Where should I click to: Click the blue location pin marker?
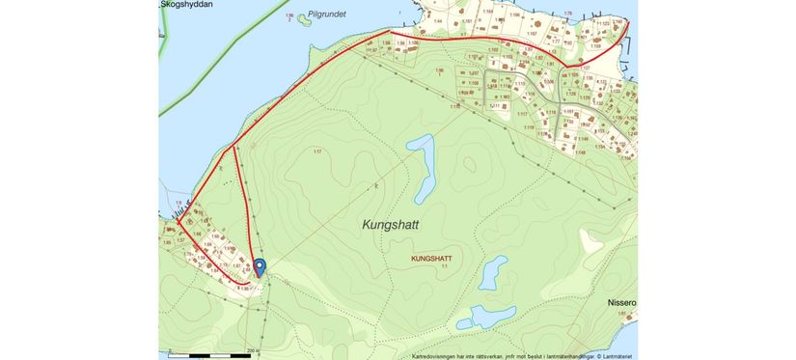click(x=259, y=266)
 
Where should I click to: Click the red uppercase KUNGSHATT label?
click(x=431, y=259)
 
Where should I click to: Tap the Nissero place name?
click(x=620, y=301)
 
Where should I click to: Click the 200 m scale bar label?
click(x=253, y=350)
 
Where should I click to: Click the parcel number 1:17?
click(x=317, y=152)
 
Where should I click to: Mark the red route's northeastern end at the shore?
click(x=628, y=21)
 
